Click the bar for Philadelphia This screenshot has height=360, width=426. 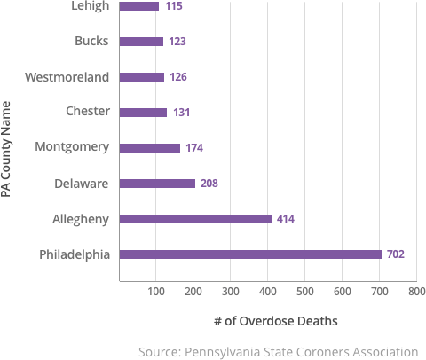[250, 254]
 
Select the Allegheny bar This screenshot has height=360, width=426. [195, 219]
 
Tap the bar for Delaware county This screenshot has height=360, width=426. [157, 184]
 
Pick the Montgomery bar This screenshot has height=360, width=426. [150, 148]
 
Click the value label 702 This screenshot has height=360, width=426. [396, 254]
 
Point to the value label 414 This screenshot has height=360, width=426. [286, 219]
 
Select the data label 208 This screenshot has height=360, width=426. [209, 184]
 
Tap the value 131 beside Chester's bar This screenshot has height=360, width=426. [180, 113]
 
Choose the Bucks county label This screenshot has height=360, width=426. [92, 41]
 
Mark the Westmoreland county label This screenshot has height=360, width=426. [67, 76]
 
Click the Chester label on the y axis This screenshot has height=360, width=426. [88, 112]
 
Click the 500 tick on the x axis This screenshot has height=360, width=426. [304, 291]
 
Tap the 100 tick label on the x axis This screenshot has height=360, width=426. [156, 291]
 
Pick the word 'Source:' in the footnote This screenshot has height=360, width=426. [160, 351]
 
